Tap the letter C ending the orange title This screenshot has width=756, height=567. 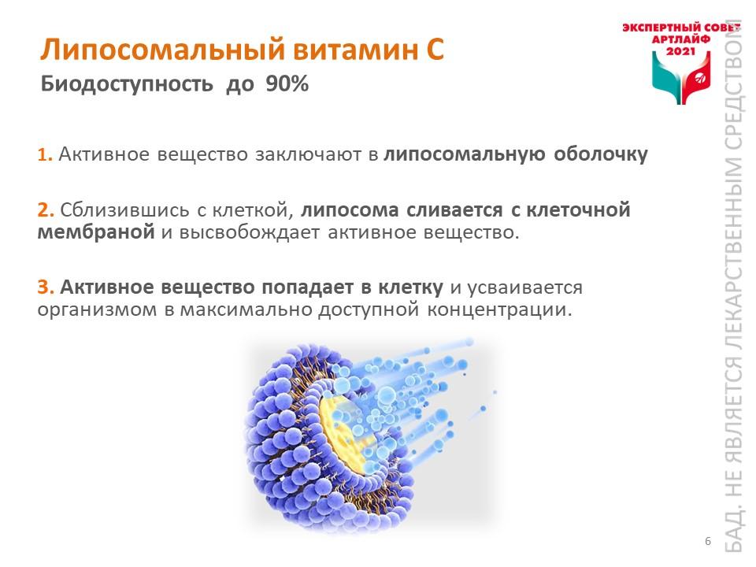click(435, 50)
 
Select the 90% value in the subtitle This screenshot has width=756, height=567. click(287, 84)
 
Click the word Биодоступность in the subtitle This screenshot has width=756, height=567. click(127, 85)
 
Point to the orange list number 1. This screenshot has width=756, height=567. click(45, 155)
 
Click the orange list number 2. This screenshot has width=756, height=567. click(46, 210)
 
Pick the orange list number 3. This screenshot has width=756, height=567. click(46, 287)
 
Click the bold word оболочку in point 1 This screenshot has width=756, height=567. click(600, 154)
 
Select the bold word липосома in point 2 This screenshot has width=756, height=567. click(350, 211)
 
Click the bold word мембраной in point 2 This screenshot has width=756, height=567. click(96, 232)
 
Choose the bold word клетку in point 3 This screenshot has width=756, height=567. click(410, 287)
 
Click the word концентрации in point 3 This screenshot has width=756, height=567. click(499, 309)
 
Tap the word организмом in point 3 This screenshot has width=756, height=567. click(98, 309)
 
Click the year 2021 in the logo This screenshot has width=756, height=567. click(680, 50)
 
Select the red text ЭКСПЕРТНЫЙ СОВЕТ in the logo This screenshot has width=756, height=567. click(680, 28)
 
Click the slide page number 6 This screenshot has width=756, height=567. click(708, 541)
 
